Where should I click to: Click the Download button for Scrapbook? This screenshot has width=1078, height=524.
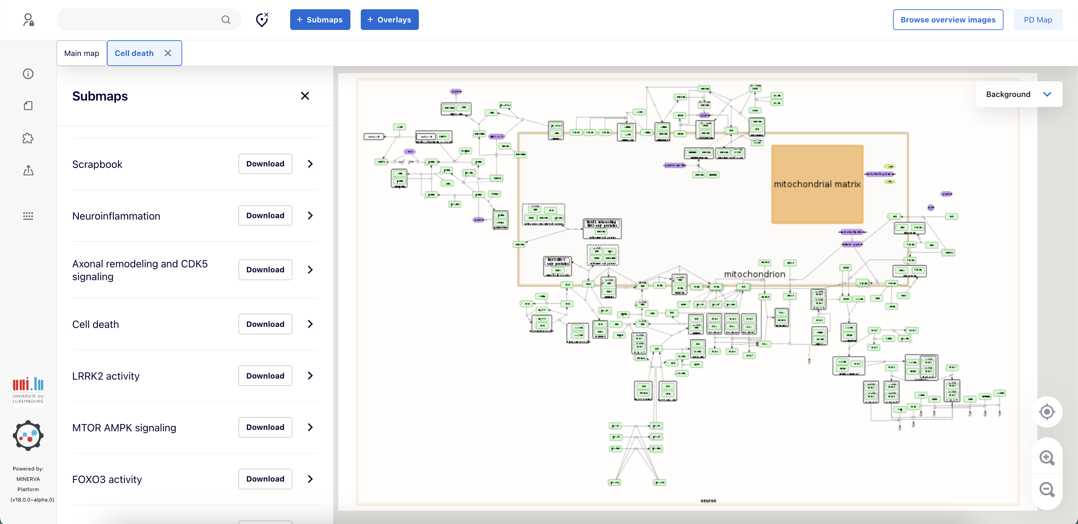pos(265,164)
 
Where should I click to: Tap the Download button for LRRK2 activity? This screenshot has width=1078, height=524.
pos(265,376)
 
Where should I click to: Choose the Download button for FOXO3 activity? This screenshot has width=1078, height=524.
pos(265,479)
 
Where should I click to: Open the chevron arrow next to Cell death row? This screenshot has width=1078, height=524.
pos(310,324)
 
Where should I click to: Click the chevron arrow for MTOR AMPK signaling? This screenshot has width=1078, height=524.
pos(310,427)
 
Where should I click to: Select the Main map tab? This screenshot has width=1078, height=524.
pos(82,53)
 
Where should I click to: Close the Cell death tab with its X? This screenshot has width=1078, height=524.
pos(168,53)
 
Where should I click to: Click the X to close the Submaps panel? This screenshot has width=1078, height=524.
pos(305,96)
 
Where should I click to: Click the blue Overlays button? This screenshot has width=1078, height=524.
pos(389,20)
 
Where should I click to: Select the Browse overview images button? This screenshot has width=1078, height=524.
pos(948,20)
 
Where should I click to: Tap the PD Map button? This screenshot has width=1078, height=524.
pos(1037,20)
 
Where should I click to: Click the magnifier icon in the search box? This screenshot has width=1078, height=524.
pos(226,20)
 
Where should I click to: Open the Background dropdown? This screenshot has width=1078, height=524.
pos(1018,94)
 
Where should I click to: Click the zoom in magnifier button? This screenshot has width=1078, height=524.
pos(1047,457)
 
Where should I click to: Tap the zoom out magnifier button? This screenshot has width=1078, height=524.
pos(1047,489)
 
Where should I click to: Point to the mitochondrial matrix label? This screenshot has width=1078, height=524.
pos(817,184)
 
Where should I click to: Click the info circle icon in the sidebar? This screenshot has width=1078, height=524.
pos(28,74)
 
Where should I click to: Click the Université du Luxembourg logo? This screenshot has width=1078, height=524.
pos(28,390)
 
